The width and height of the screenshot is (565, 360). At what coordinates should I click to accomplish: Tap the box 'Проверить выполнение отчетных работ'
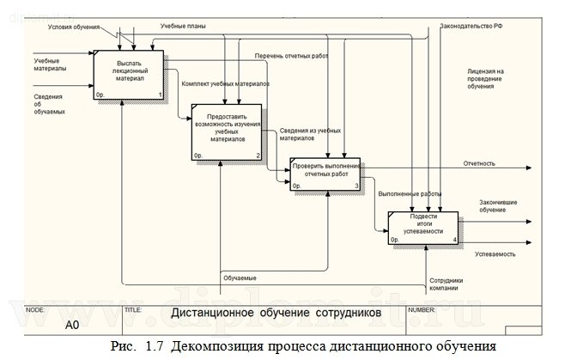tap(325, 173)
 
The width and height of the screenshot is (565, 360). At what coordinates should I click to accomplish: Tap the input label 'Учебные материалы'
tap(51, 64)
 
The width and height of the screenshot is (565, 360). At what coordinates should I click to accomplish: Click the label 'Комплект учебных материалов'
tap(226, 85)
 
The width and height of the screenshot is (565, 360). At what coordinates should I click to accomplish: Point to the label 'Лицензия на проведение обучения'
tap(486, 80)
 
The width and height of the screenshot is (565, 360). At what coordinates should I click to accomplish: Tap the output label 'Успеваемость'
tap(495, 255)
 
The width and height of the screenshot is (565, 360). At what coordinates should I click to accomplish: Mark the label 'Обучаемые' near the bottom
tap(240, 278)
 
